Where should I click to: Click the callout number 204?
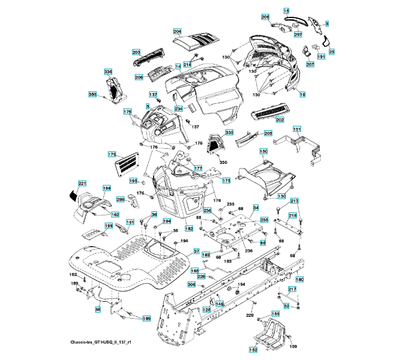click(x=177, y=31)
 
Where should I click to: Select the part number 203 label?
click(x=136, y=52)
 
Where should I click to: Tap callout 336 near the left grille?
click(x=108, y=72)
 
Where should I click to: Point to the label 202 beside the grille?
click(x=280, y=119)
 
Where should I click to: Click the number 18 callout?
click(x=302, y=95)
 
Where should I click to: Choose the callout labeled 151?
click(x=296, y=129)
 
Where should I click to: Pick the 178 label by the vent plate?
click(x=112, y=154)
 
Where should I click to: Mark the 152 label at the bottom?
click(x=254, y=349)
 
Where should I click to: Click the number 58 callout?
click(x=98, y=310)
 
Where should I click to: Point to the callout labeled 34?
click(x=255, y=208)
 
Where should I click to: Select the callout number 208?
click(x=266, y=17)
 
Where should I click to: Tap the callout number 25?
click(x=331, y=52)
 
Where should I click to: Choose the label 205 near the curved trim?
click(x=268, y=133)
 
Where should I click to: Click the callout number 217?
click(x=292, y=289)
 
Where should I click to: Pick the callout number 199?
click(x=109, y=226)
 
